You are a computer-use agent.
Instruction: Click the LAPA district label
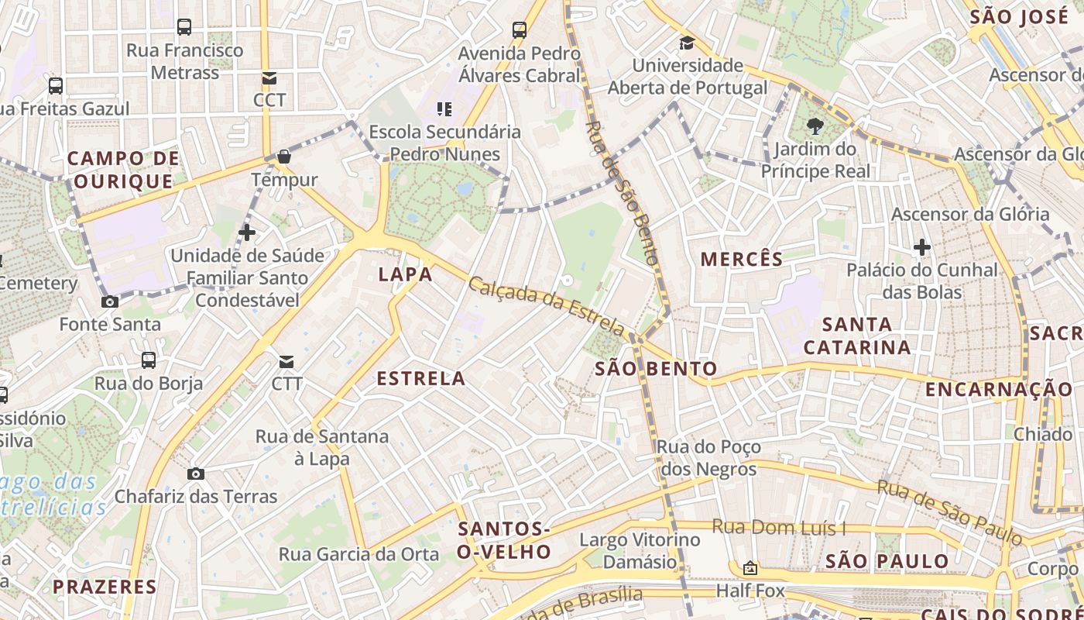[405, 274]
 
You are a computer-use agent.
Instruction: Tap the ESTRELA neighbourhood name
[421, 379]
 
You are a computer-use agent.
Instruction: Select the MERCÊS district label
[742, 260]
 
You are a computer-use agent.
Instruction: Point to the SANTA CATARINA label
[857, 336]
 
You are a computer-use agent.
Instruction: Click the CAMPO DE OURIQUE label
[123, 170]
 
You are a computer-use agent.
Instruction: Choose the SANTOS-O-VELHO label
[504, 540]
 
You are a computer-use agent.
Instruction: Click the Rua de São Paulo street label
[949, 512]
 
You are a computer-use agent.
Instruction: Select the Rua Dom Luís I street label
[778, 529]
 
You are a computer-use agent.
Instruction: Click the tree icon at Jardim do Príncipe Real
[815, 126]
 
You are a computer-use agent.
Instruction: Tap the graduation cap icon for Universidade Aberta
[687, 43]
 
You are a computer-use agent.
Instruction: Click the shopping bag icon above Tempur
[284, 157]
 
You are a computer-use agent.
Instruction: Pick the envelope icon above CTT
[286, 361]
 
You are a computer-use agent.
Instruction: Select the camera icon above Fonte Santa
[110, 301]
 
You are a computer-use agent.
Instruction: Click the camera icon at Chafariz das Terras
[196, 474]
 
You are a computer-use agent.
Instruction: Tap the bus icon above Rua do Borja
[148, 360]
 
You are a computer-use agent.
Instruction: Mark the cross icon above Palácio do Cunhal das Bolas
[921, 248]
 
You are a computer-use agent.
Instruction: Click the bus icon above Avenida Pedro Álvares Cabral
[520, 30]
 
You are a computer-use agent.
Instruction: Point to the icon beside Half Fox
[750, 568]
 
